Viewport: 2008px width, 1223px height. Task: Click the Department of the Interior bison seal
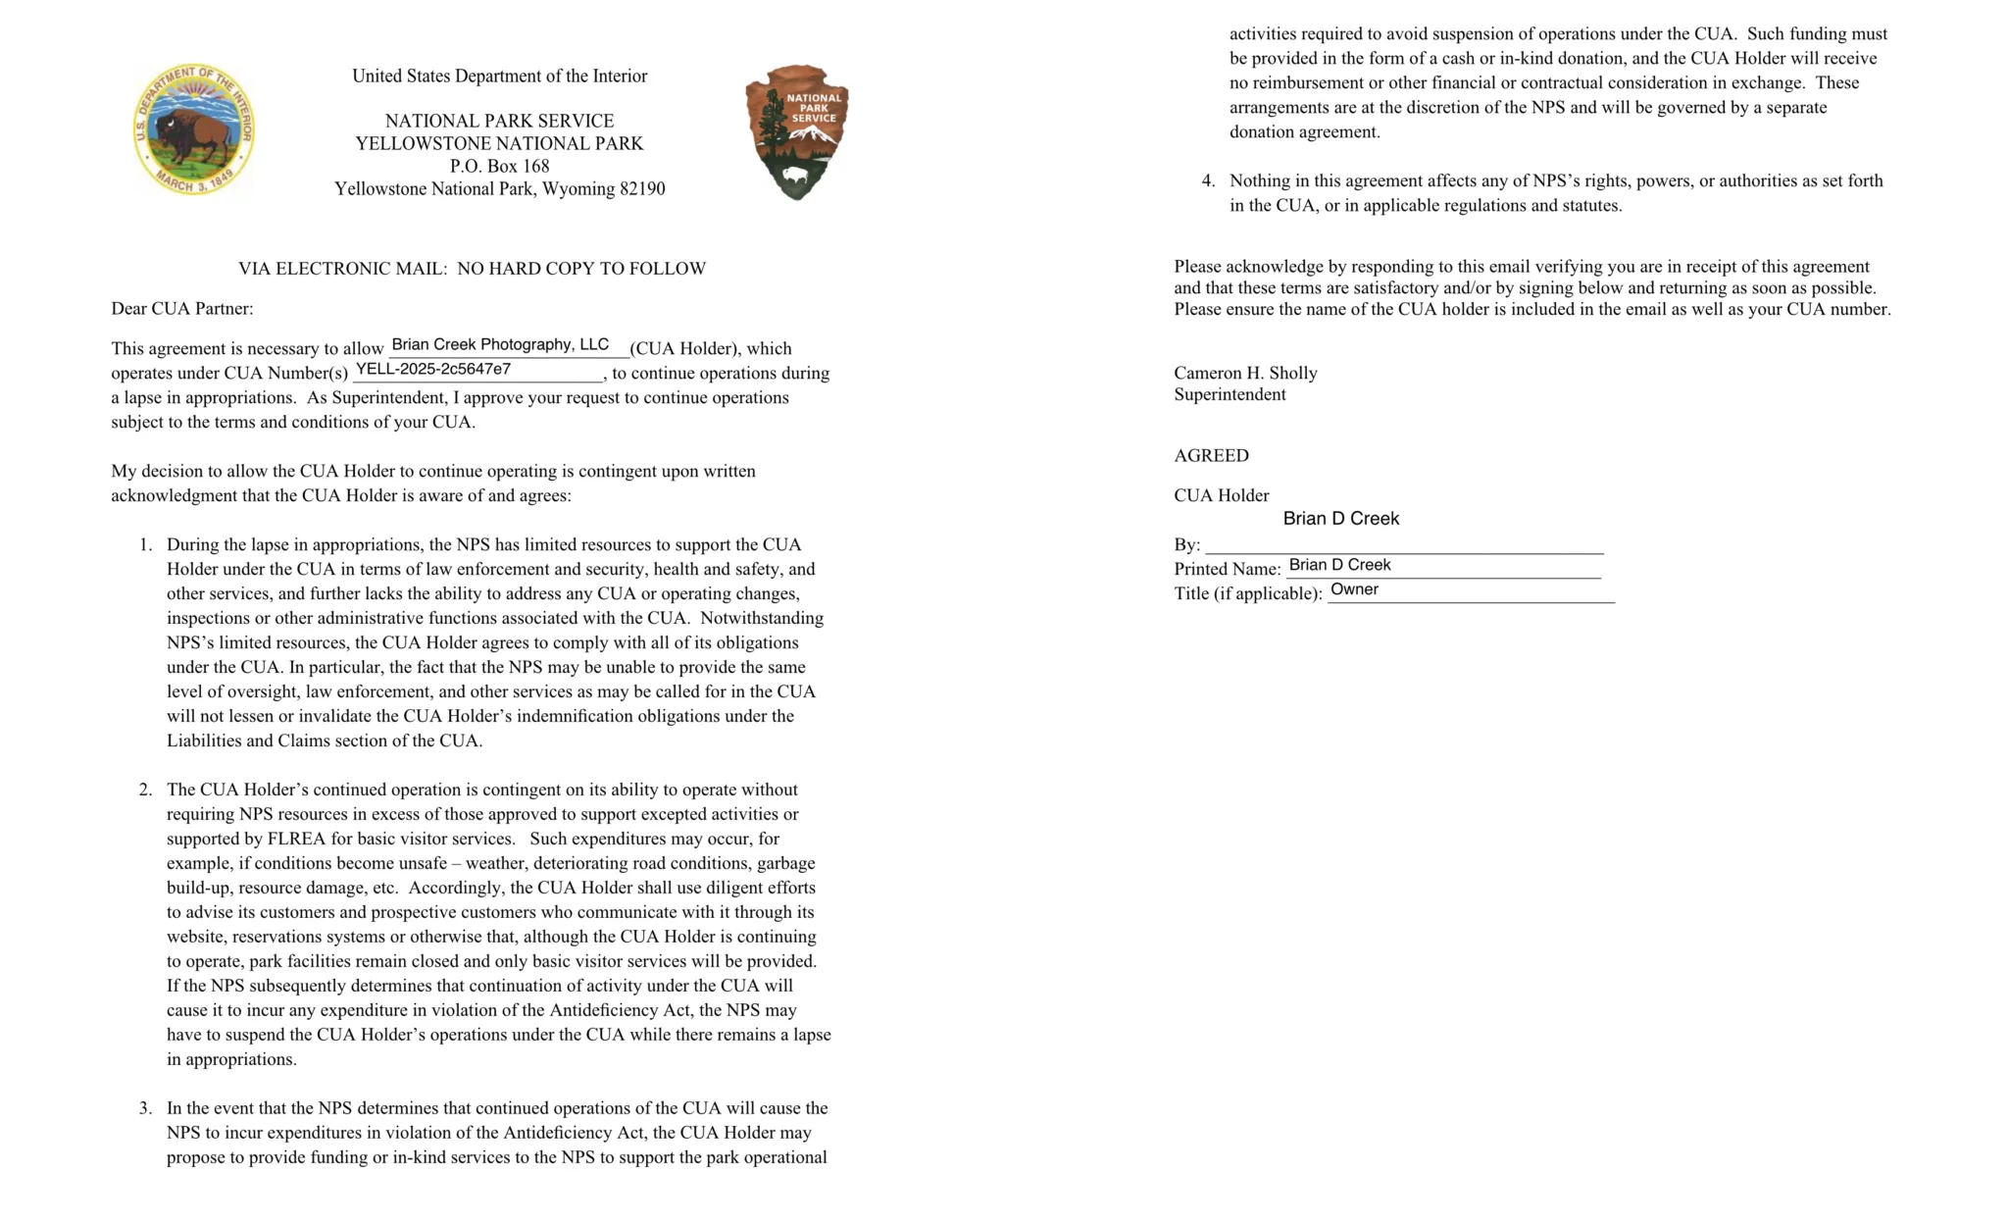[194, 129]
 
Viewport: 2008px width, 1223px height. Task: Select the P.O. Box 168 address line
[499, 166]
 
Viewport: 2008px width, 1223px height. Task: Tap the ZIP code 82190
[642, 188]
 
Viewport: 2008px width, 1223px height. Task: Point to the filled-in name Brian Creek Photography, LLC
[500, 344]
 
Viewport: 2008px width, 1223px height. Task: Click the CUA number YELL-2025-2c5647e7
[432, 369]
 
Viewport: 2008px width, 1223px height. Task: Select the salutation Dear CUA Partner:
[181, 308]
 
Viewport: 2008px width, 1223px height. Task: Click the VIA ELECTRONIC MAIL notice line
[472, 268]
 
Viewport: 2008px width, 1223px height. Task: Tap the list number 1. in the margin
[146, 544]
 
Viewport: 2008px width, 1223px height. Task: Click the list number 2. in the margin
[146, 790]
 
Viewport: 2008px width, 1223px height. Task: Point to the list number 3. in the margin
[146, 1108]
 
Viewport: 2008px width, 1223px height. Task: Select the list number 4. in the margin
[1208, 180]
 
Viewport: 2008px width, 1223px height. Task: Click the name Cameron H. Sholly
[1245, 373]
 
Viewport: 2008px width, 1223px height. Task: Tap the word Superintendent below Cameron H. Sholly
[1230, 394]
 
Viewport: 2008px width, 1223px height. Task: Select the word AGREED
[1211, 455]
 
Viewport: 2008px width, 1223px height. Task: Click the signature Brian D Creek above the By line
[1340, 518]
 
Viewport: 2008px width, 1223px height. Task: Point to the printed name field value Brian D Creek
[1339, 565]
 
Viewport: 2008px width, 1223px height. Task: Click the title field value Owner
[1354, 589]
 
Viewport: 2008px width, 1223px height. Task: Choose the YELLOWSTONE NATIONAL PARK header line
[499, 143]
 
